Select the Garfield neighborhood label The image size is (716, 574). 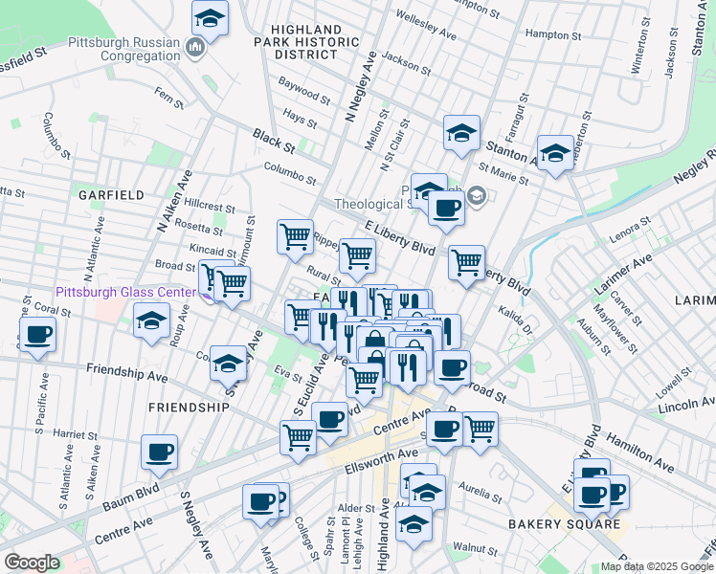click(x=112, y=194)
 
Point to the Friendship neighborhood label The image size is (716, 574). click(x=189, y=407)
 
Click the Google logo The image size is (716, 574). click(x=32, y=563)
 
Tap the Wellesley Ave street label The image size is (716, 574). click(x=425, y=26)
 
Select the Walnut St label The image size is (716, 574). click(x=477, y=548)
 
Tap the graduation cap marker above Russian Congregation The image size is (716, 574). click(x=210, y=17)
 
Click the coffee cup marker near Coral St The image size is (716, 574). click(x=37, y=335)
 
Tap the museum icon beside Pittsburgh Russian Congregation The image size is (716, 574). click(x=196, y=48)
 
